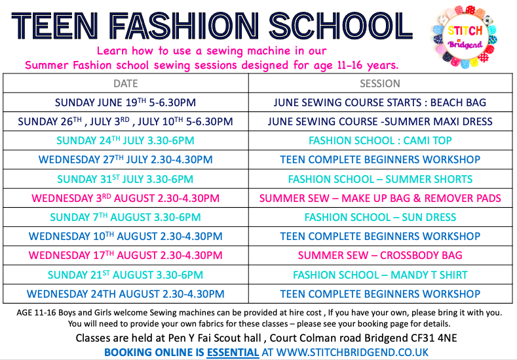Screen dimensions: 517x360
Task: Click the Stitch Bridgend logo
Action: coord(465,37)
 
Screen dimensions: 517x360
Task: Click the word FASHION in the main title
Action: coord(183,26)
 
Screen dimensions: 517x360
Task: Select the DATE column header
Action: coord(126,83)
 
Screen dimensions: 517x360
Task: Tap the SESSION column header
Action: coord(380,83)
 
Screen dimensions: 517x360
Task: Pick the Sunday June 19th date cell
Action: coord(125,102)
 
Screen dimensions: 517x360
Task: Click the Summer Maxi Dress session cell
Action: coord(380,121)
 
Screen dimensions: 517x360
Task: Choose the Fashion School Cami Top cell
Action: coord(380,140)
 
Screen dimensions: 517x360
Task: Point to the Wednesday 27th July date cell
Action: coord(125,160)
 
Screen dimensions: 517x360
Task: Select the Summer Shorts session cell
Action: coord(380,179)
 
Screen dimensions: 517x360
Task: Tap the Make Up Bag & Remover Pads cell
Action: coord(380,198)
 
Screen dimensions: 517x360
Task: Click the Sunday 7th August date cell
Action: coord(125,217)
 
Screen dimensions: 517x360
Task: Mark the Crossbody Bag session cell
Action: coord(380,255)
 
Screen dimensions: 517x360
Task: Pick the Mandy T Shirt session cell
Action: coord(380,275)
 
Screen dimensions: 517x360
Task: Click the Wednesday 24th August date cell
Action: coord(125,294)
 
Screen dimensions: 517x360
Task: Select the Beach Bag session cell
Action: coord(380,102)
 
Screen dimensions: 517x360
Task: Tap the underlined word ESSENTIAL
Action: coord(233,352)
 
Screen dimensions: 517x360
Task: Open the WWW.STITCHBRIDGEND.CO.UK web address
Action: coord(352,352)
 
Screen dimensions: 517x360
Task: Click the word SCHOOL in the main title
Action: coord(341,26)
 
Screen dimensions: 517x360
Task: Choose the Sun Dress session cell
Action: coord(380,217)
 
